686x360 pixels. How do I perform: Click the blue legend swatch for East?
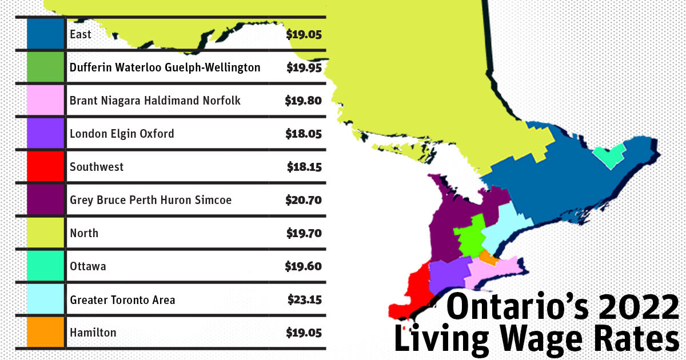point(46,34)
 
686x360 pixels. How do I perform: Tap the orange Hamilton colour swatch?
point(46,333)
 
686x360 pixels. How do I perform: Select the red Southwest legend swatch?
point(46,167)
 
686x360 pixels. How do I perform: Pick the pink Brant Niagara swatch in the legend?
point(46,101)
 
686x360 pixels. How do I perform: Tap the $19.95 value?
point(304,67)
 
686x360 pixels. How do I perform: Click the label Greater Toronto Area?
point(122,299)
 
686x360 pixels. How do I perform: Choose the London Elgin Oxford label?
point(122,134)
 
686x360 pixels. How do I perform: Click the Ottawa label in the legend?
point(87,266)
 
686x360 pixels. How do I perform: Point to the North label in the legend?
point(84,233)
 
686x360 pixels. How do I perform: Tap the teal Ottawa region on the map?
point(608,155)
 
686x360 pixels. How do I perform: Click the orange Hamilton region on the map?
point(488,258)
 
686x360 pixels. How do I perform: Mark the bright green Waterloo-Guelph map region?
point(468,239)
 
